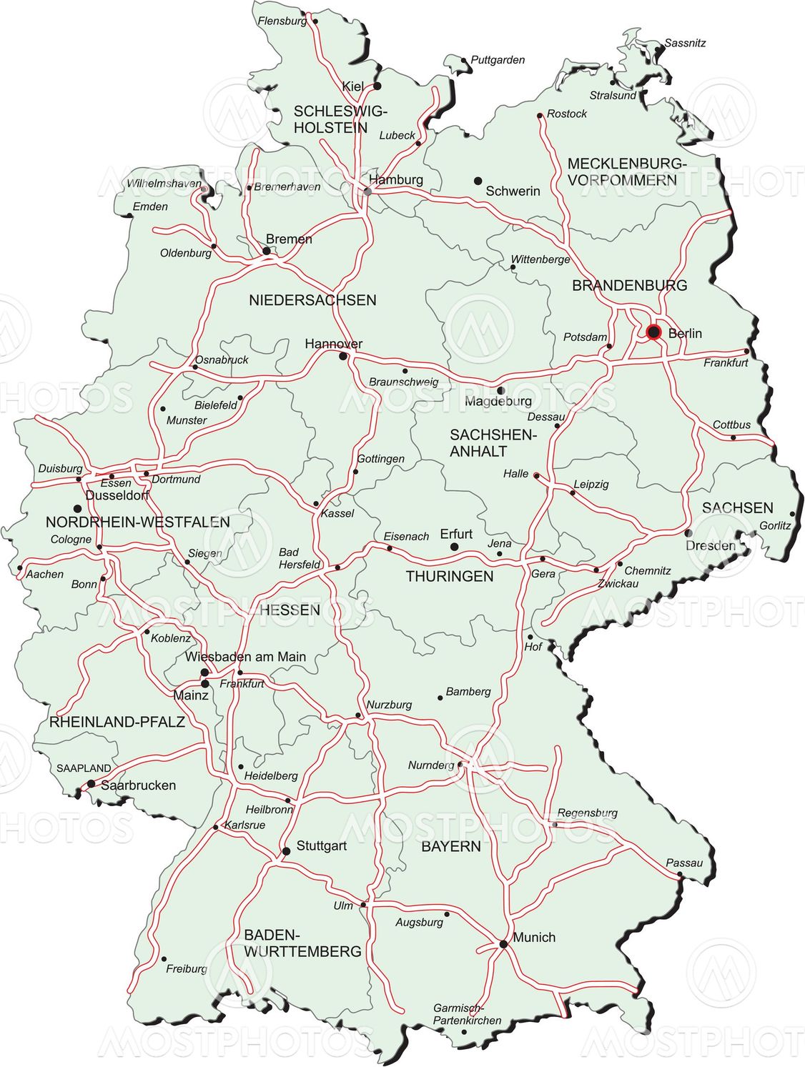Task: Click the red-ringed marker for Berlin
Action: point(653,332)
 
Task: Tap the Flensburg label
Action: point(282,21)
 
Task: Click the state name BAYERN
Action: point(450,846)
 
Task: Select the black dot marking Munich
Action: point(503,944)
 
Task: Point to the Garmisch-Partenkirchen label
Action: point(467,1014)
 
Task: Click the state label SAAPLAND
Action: point(84,768)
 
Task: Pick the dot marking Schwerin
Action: point(478,182)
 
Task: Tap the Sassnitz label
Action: point(685,43)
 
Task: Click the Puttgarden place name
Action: point(498,60)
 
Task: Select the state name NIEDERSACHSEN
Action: point(312,300)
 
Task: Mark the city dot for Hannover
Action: point(343,356)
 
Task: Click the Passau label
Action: point(684,863)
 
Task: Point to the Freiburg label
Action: point(186,968)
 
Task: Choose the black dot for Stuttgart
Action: point(286,851)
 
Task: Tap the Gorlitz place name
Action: point(775,525)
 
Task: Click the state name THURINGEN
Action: point(450,576)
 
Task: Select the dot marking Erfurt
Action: point(454,547)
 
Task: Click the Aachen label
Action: point(44,574)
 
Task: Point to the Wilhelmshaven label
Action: point(164,184)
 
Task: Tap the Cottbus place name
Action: point(731,425)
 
